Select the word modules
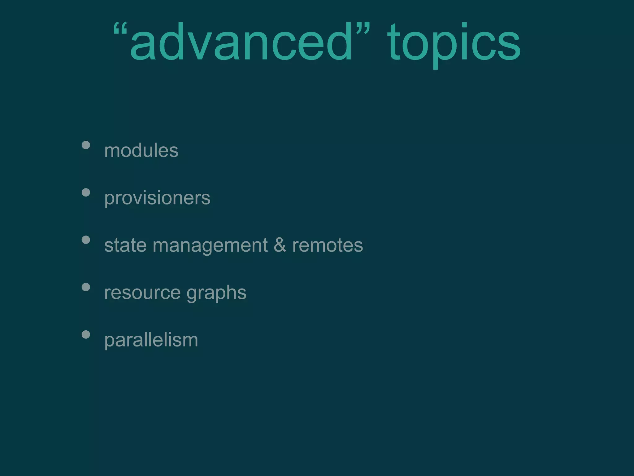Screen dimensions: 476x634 tap(141, 151)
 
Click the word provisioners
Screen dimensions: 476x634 tap(157, 198)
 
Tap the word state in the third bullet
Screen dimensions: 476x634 tap(125, 245)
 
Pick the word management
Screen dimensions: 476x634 tap(210, 246)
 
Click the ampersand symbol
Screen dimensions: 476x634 tap(280, 245)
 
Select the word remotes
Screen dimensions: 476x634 tap(328, 245)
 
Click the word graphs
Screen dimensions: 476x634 tap(216, 293)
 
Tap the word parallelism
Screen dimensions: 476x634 tap(151, 340)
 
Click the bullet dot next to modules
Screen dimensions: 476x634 tap(86, 145)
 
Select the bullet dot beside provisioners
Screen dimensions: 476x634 tap(86, 192)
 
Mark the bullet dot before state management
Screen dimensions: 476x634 tap(86, 240)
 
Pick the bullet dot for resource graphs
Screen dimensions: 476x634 tap(86, 287)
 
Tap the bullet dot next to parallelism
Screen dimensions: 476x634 tap(86, 334)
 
